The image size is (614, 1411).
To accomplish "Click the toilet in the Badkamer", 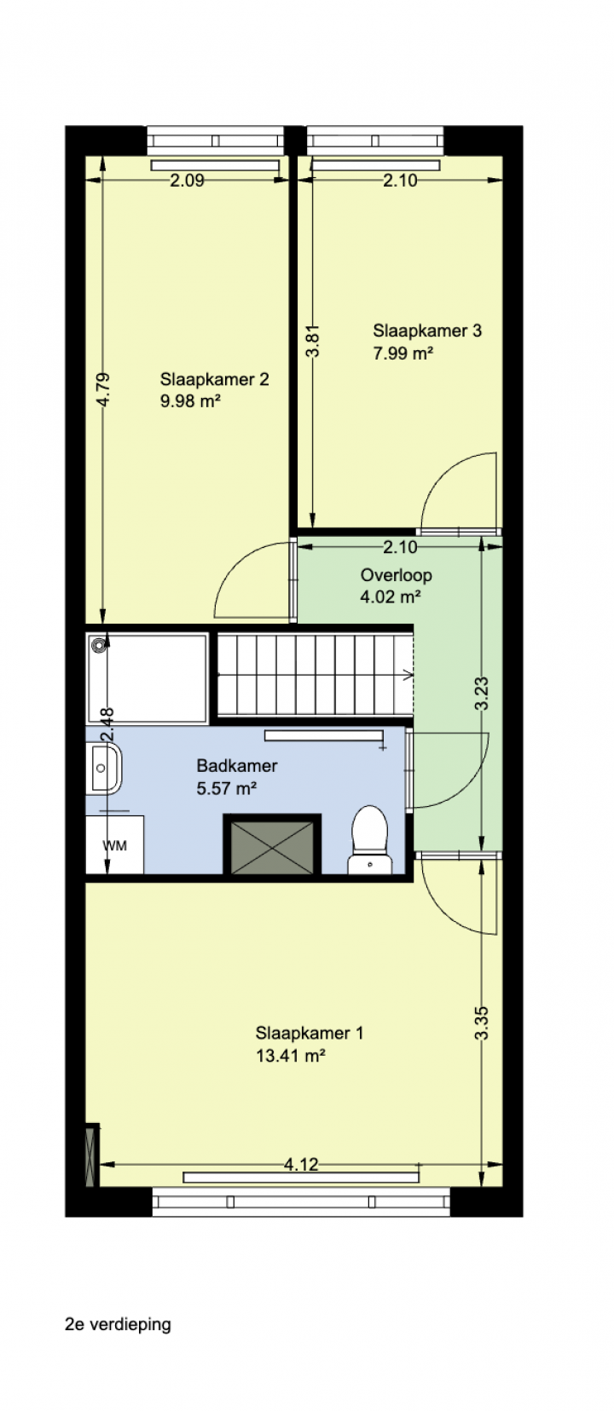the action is pos(369,839).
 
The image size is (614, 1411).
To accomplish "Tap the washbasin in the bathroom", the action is pos(105,768).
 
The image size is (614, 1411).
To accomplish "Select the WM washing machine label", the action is pos(115,846).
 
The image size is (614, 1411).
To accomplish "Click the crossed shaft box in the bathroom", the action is pos(272,844).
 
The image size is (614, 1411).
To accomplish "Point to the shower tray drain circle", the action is pos(98,645).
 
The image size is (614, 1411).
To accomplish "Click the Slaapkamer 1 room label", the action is pos(309,1033).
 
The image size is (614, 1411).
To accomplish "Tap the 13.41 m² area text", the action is pos(291,1056).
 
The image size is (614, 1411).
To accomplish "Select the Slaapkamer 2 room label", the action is pos(214,379).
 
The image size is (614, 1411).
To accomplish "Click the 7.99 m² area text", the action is pos(403,353).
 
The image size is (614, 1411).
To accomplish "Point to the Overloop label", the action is pos(396,575).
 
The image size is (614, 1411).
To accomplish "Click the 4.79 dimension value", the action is pos(103,389).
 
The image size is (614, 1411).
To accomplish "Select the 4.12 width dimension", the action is pos(301,1164).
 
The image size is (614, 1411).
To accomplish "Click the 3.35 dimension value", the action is pos(481,1023).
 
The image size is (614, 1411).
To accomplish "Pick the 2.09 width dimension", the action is pos(188,180).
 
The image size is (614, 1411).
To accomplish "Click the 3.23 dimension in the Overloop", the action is pos(481,694).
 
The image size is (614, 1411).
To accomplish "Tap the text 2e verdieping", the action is pos(118,1324).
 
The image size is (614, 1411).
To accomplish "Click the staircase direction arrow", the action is pos(408,676).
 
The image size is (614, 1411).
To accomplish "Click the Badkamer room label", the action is pos(237,766).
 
